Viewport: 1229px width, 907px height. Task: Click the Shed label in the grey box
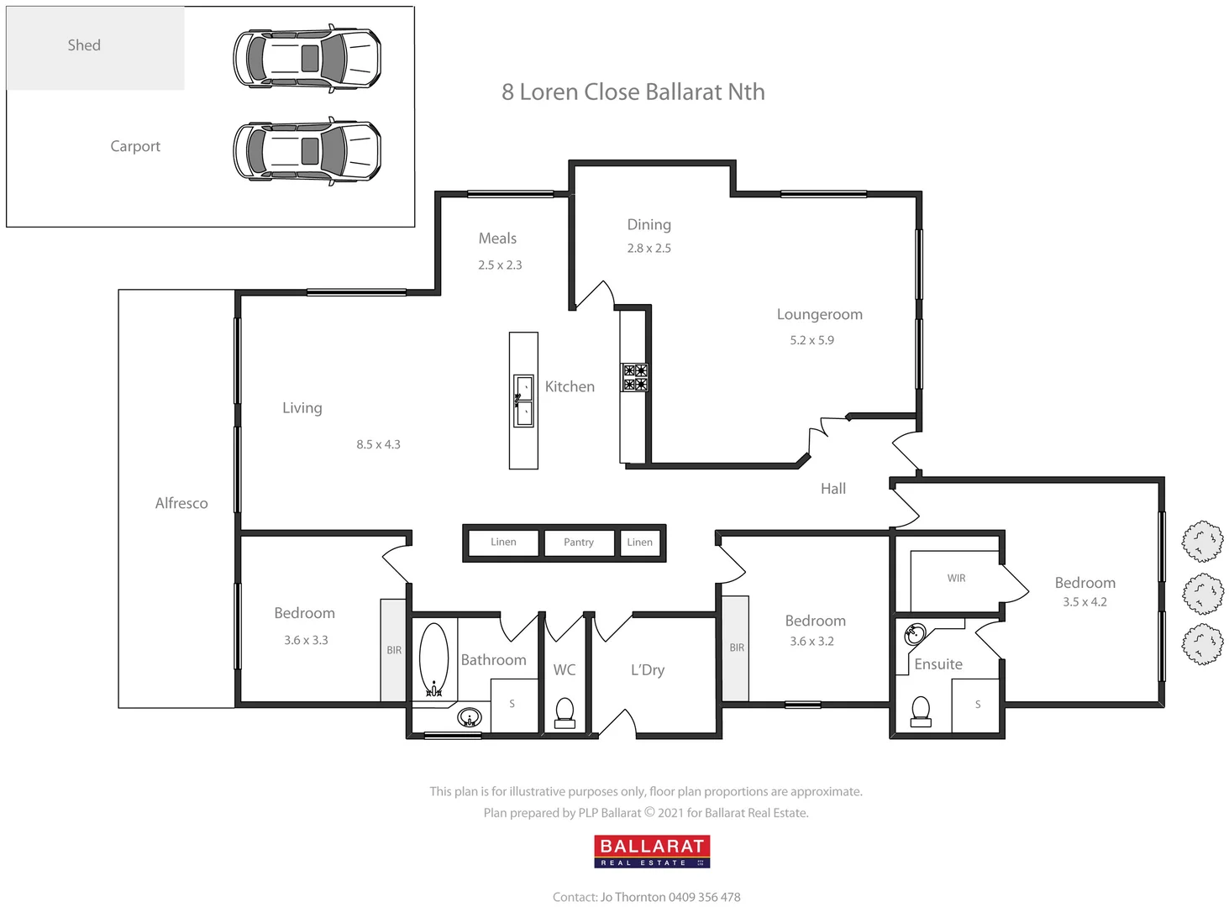point(84,45)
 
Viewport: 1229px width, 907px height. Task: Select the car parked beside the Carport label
point(307,151)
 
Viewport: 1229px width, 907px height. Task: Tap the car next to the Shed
point(307,58)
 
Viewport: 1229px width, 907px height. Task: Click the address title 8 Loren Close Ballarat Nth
point(633,92)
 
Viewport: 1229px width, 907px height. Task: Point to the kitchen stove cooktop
point(634,378)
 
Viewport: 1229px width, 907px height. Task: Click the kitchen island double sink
point(523,401)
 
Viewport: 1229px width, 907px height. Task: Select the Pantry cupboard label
point(578,543)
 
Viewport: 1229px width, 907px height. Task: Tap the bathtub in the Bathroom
point(433,659)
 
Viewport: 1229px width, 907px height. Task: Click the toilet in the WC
point(565,713)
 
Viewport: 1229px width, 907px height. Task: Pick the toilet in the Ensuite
point(922,711)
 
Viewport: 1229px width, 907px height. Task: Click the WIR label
point(956,579)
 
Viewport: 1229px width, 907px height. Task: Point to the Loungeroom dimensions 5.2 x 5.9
point(811,340)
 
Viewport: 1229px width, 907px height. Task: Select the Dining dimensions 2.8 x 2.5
point(649,249)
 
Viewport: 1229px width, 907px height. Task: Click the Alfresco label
point(181,503)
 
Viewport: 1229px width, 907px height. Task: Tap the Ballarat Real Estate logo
point(652,851)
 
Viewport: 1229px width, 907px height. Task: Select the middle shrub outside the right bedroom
point(1203,594)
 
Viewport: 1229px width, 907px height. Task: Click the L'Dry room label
point(647,670)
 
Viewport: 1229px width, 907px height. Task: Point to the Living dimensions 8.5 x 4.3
point(378,444)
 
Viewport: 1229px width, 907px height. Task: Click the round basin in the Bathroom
point(470,717)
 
